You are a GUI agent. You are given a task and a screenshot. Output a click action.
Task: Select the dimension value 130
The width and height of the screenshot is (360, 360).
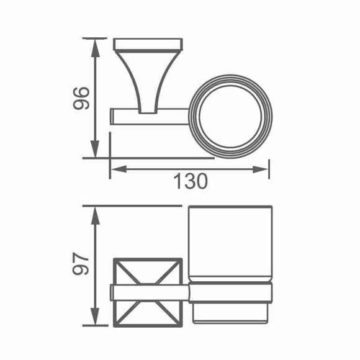189,181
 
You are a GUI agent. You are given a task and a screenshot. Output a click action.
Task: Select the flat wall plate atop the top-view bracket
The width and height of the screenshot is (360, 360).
148,44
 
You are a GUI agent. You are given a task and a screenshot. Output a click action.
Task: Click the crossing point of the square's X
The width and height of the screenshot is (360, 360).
146,291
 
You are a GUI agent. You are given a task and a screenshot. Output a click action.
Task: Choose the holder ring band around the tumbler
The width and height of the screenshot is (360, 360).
230,293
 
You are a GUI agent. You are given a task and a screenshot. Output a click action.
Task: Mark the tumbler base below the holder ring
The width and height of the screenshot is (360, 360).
230,313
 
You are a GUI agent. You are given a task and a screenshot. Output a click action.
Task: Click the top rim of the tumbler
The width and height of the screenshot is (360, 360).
230,207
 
